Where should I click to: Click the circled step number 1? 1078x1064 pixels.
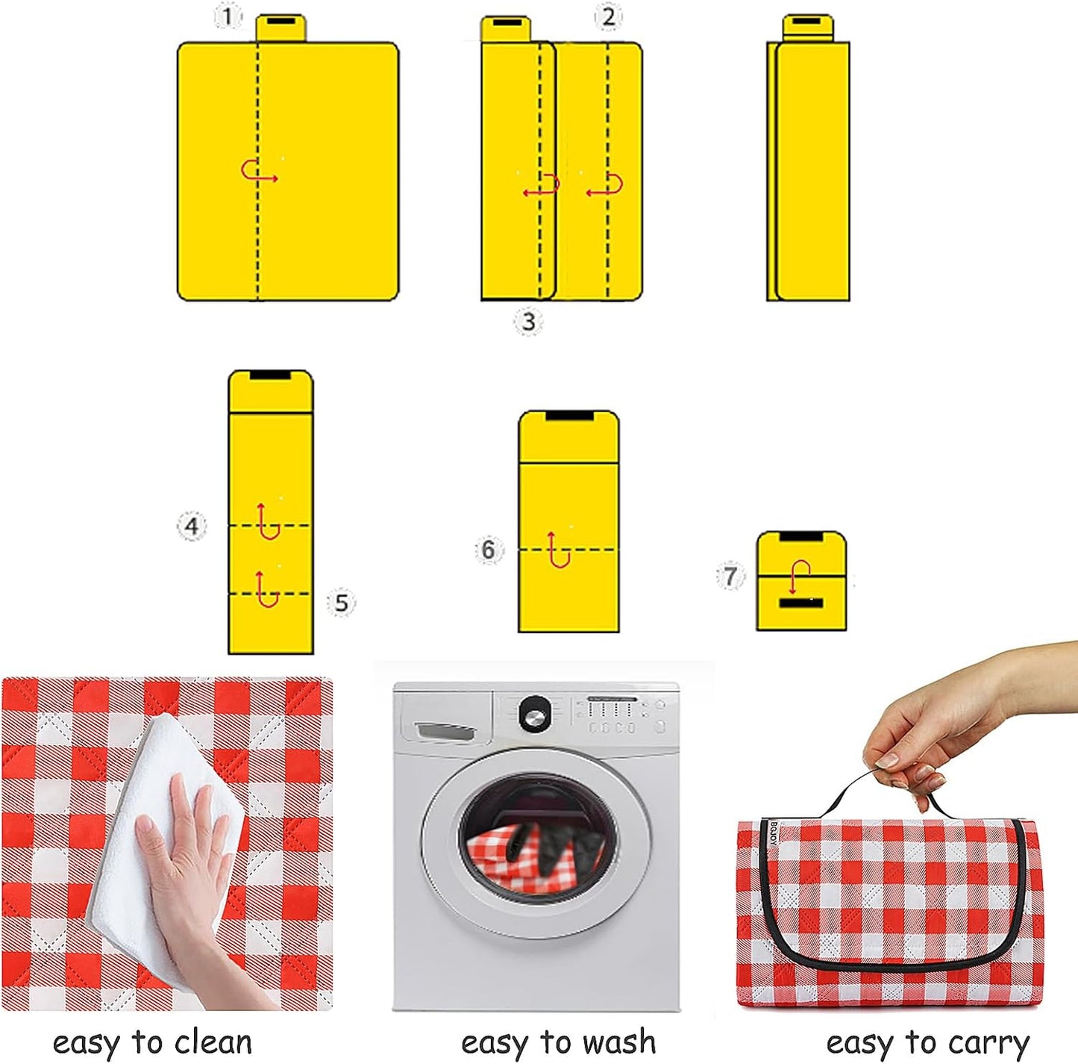click(x=227, y=16)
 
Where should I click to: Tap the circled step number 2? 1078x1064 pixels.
click(x=608, y=16)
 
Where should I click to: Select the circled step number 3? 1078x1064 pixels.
click(x=528, y=321)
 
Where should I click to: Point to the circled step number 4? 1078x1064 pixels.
click(x=192, y=526)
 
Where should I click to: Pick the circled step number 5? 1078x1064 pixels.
click(x=341, y=603)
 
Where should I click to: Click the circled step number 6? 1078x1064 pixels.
click(x=488, y=550)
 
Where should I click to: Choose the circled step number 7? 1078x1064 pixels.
click(x=730, y=576)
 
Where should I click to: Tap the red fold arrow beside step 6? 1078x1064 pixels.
click(x=557, y=550)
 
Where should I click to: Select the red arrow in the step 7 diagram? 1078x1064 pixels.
click(x=800, y=575)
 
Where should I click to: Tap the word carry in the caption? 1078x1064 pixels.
click(x=987, y=1042)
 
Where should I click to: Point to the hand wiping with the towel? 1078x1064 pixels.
click(x=187, y=859)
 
